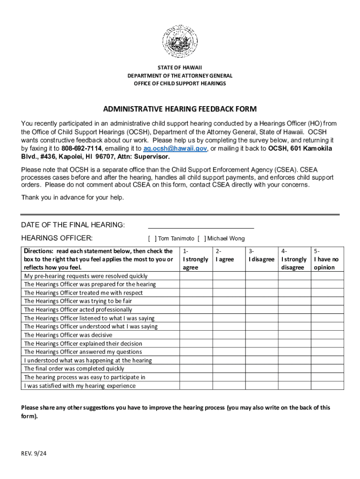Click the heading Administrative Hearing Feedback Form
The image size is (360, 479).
pyautogui.click(x=180, y=109)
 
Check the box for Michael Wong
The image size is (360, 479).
pyautogui.click(x=202, y=239)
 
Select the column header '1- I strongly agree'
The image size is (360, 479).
pyautogui.click(x=196, y=259)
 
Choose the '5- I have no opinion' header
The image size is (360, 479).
pyautogui.click(x=327, y=259)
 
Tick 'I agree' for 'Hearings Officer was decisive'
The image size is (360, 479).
pyautogui.click(x=229, y=335)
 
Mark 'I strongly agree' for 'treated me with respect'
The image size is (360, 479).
pyautogui.click(x=196, y=293)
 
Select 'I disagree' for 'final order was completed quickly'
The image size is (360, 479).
pyautogui.click(x=262, y=369)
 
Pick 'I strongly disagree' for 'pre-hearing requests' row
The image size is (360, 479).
pyautogui.click(x=295, y=276)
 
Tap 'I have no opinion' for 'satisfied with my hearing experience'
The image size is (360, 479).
pyautogui.click(x=327, y=386)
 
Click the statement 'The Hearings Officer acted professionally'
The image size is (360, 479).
pyautogui.click(x=78, y=310)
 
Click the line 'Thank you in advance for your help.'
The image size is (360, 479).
pyautogui.click(x=72, y=197)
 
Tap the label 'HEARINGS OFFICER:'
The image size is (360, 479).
pyautogui.click(x=57, y=238)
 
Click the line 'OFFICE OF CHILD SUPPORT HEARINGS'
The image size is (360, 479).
pyautogui.click(x=180, y=84)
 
